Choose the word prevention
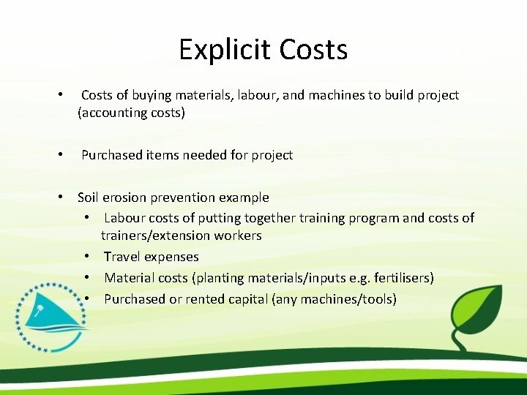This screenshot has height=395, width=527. click(x=186, y=197)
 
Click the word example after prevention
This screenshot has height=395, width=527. click(x=244, y=197)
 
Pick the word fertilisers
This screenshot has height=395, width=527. click(x=402, y=278)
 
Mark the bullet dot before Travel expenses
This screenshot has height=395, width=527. click(x=86, y=257)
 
